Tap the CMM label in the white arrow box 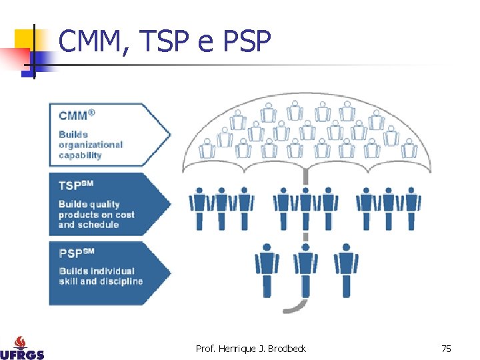(74, 115)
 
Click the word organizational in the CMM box (91, 145)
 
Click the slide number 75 (446, 349)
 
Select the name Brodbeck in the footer (287, 349)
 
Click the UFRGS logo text (22, 353)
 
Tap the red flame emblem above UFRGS (22, 340)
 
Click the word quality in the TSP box (104, 205)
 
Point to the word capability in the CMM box (80, 155)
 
